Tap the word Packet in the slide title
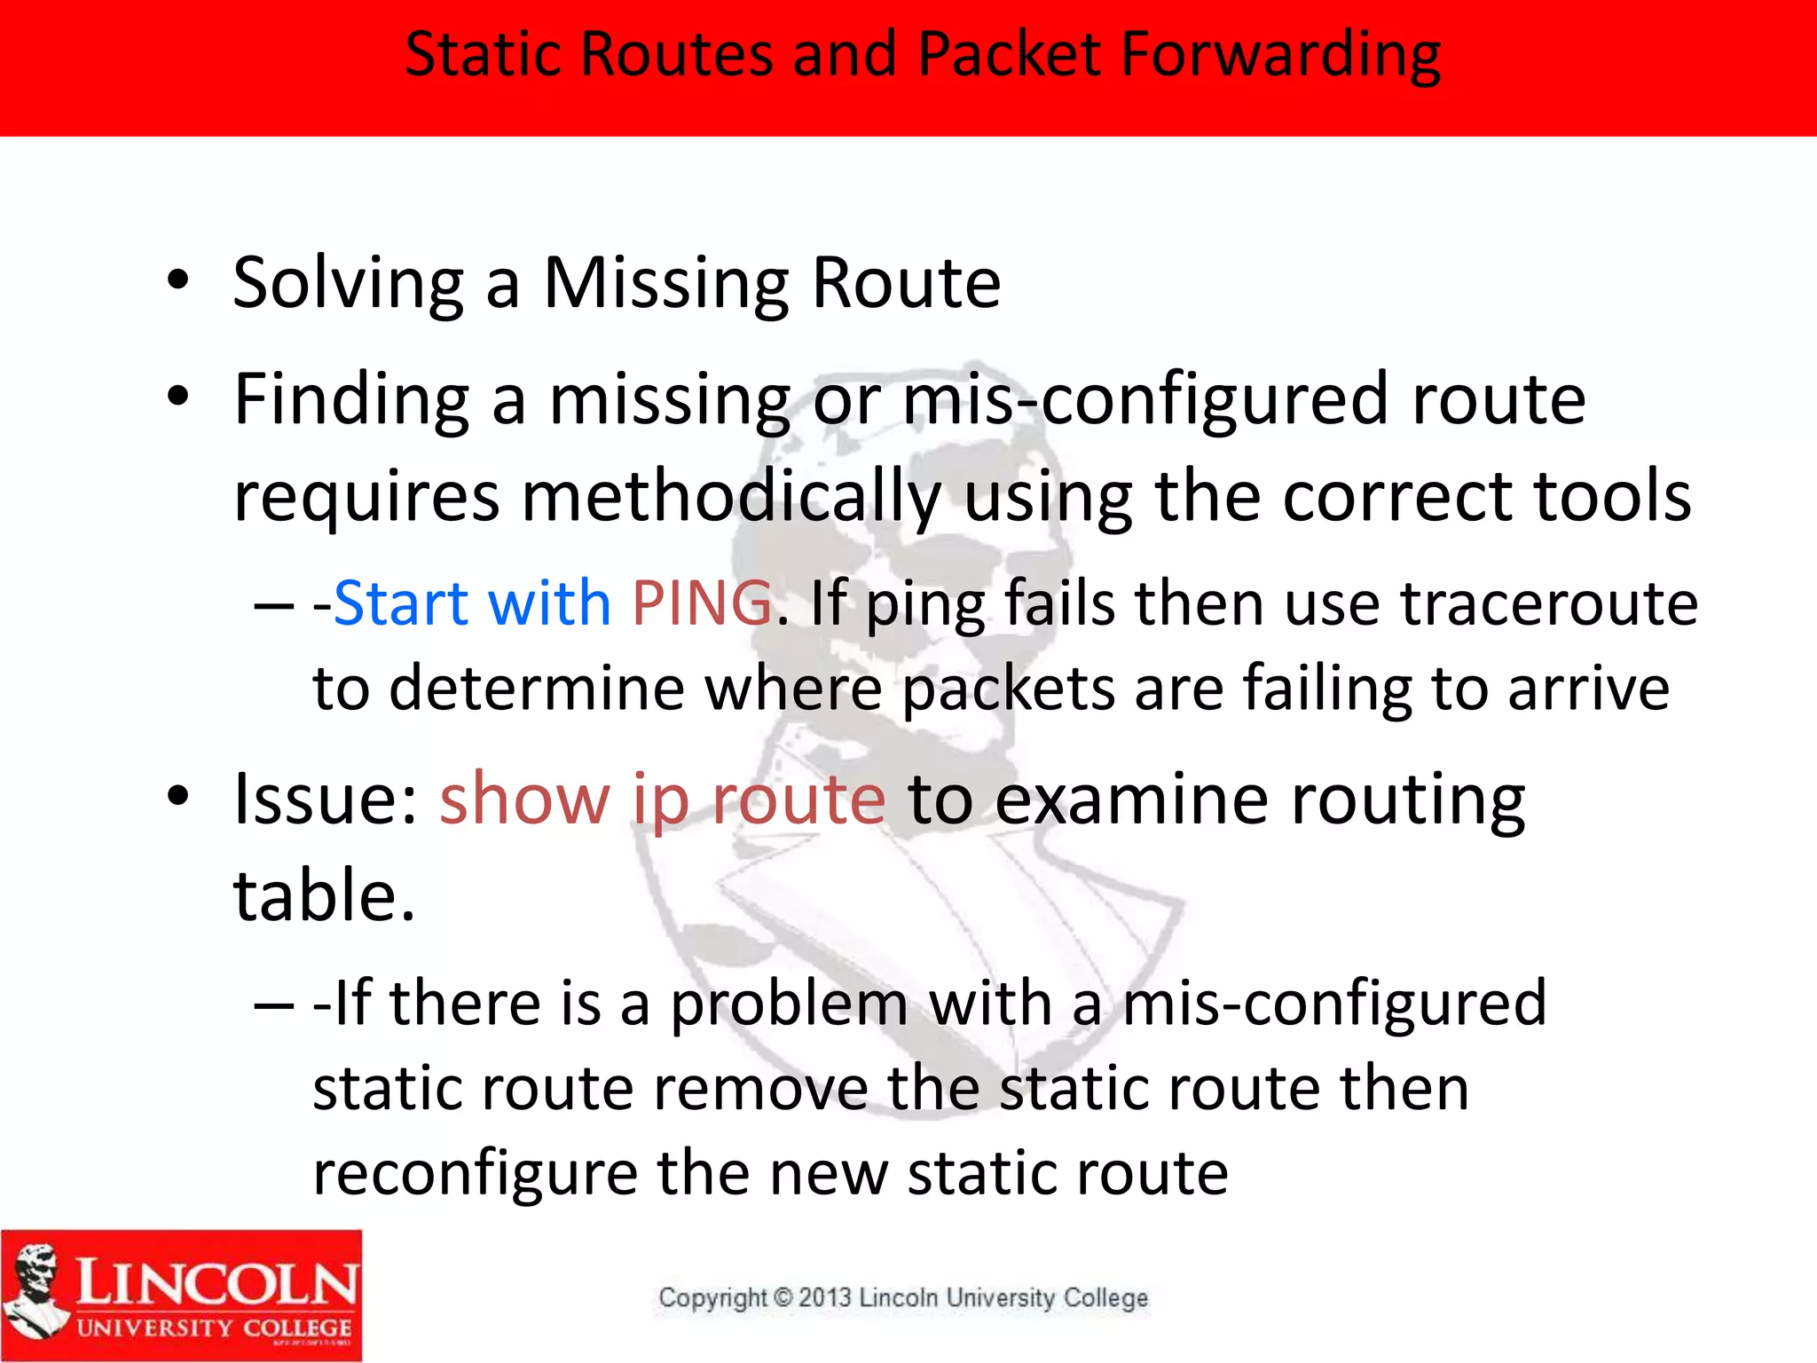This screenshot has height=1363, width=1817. click(1008, 55)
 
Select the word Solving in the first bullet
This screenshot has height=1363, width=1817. click(348, 284)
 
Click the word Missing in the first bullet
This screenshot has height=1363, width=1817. click(665, 284)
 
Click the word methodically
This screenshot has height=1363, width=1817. click(731, 497)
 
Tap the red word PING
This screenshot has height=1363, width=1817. click(702, 603)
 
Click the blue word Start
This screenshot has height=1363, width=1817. click(400, 603)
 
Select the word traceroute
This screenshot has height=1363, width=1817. click(1549, 603)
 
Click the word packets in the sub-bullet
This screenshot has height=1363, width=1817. click(1008, 689)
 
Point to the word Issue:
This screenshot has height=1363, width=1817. click(325, 800)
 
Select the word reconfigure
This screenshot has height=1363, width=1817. click(475, 1173)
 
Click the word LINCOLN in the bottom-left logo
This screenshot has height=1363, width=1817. click(216, 1283)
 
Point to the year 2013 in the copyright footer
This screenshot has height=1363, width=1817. click(824, 1298)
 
